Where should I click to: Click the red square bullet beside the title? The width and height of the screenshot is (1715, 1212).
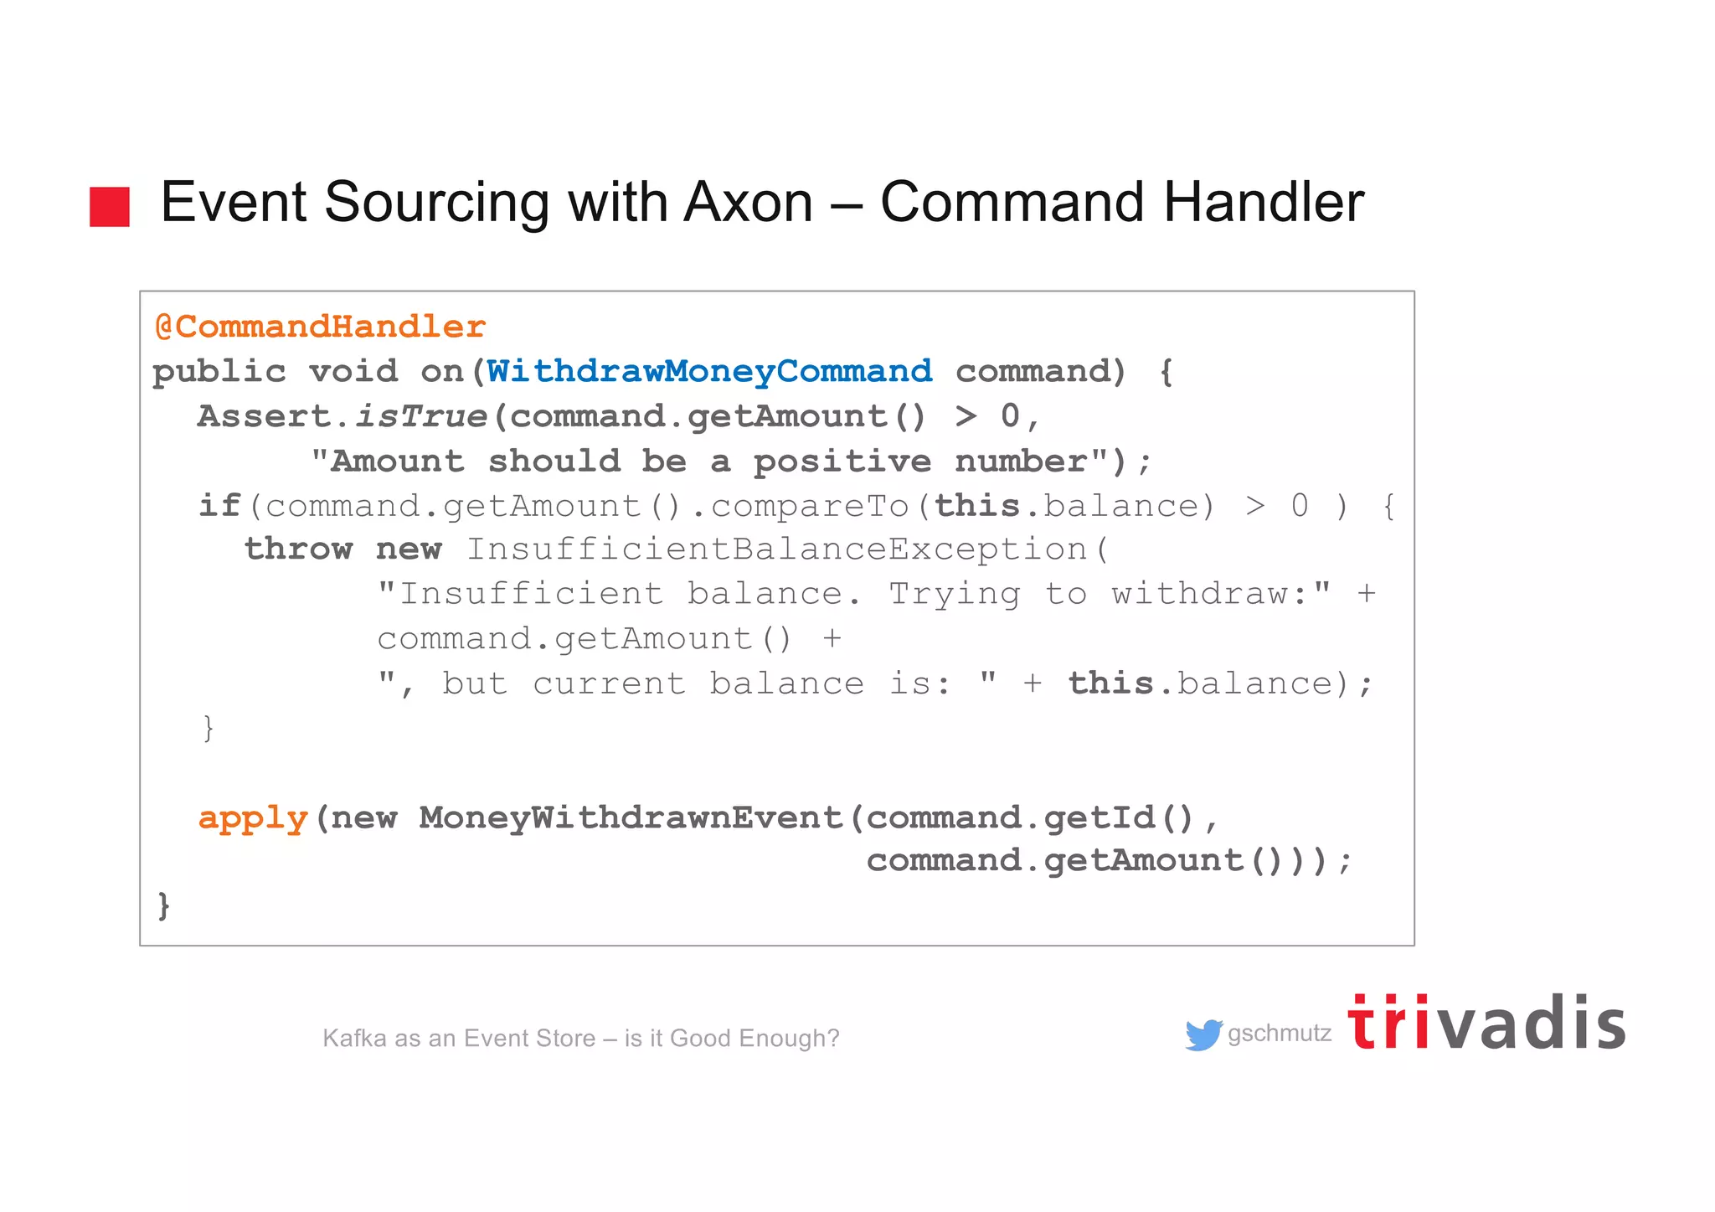click(110, 206)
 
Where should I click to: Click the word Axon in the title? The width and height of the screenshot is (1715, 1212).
click(748, 203)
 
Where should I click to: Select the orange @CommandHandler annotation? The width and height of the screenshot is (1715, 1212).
click(320, 327)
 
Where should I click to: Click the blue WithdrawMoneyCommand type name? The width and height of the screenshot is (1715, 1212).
click(709, 371)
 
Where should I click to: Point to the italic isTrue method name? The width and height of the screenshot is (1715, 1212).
click(420, 416)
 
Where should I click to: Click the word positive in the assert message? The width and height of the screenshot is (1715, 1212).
click(842, 462)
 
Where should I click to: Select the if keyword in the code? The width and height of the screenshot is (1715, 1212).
click(219, 506)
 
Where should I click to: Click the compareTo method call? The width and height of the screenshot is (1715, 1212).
click(810, 506)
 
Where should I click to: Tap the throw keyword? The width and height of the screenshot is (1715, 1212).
click(298, 549)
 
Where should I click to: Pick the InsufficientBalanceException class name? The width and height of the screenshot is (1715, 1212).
click(776, 549)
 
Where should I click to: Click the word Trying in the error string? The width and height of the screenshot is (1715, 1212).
click(954, 595)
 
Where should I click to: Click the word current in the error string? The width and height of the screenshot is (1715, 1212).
click(609, 683)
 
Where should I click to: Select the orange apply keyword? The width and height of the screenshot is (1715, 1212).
click(253, 817)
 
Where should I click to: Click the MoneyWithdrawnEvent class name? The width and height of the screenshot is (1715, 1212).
click(631, 817)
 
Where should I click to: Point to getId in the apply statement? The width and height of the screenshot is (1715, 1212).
click(1100, 817)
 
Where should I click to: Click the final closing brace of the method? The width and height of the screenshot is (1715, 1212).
click(163, 906)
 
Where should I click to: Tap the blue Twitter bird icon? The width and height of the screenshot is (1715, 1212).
click(1203, 1034)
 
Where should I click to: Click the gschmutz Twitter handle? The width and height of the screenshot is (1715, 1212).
click(1279, 1034)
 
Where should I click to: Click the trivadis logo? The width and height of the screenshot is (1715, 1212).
click(1486, 1023)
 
